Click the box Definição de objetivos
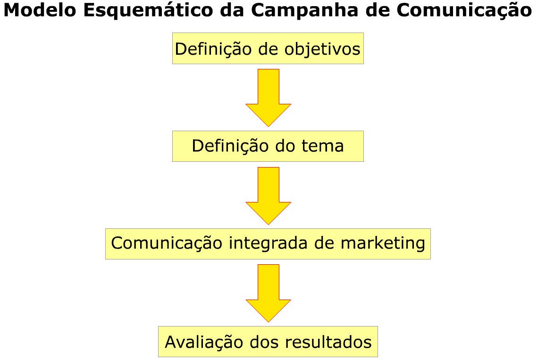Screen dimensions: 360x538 268,49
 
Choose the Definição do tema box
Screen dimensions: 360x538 268,146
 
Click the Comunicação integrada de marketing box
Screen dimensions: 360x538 268,243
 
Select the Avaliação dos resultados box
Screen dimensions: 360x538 268,342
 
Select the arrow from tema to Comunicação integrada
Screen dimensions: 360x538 269,195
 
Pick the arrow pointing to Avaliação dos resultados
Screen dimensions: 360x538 269,293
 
